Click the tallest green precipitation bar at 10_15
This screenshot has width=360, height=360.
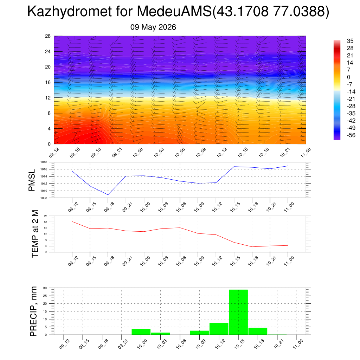coord(238,312)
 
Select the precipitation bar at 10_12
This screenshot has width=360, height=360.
coord(219,329)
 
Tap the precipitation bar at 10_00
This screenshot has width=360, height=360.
coord(141,332)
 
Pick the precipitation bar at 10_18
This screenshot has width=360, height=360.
coord(258,331)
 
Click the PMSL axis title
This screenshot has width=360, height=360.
coord(32,180)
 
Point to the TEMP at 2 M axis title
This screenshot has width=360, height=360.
coord(35,234)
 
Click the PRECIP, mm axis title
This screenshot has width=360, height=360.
coord(33,311)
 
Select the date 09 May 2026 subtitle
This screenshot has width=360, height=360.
coord(153,27)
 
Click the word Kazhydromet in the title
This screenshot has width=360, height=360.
coord(70,11)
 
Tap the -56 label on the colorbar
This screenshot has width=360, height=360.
coord(351,135)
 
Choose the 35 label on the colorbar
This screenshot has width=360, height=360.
coord(350,41)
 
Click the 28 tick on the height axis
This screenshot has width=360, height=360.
coord(48,36)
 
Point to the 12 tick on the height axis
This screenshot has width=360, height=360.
coord(48,98)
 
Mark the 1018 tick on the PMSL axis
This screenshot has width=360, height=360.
coord(44,162)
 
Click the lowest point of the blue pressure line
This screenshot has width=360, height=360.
coord(108,195)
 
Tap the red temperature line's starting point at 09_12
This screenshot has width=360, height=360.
coord(72,221)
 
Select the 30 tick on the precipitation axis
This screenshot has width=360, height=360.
coord(45,288)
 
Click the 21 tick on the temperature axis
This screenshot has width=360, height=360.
coord(46,216)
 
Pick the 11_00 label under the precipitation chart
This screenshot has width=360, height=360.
coord(298,344)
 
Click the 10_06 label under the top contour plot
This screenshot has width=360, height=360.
coord(180,153)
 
